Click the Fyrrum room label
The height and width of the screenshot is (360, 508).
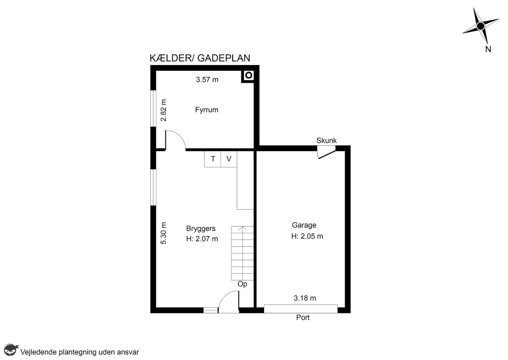pos(207,110)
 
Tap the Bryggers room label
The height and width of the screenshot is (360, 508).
pos(201,229)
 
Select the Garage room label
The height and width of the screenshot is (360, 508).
pos(304,225)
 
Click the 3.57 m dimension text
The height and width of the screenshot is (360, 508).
pos(207,80)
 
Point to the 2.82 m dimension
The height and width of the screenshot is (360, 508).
pos(164,110)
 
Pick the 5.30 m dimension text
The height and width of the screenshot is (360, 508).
pos(164,233)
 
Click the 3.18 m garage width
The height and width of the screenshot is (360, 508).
pos(305,298)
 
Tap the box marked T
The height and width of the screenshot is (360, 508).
pos(213,159)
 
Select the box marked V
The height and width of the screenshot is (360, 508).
pos(229,159)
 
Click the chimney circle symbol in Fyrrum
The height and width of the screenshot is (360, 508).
pos(249,75)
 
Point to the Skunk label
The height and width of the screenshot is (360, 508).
pos(326,141)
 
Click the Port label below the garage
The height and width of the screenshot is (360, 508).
pos(303,318)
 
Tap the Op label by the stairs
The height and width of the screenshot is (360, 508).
pos(242,284)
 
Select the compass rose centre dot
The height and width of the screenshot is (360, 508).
pos(480,26)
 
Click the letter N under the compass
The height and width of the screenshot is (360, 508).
pos(488,49)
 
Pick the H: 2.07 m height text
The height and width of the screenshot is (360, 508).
pos(202,239)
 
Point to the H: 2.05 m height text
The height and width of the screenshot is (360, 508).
pos(307,237)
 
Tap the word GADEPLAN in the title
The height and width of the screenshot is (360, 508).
pos(224,58)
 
